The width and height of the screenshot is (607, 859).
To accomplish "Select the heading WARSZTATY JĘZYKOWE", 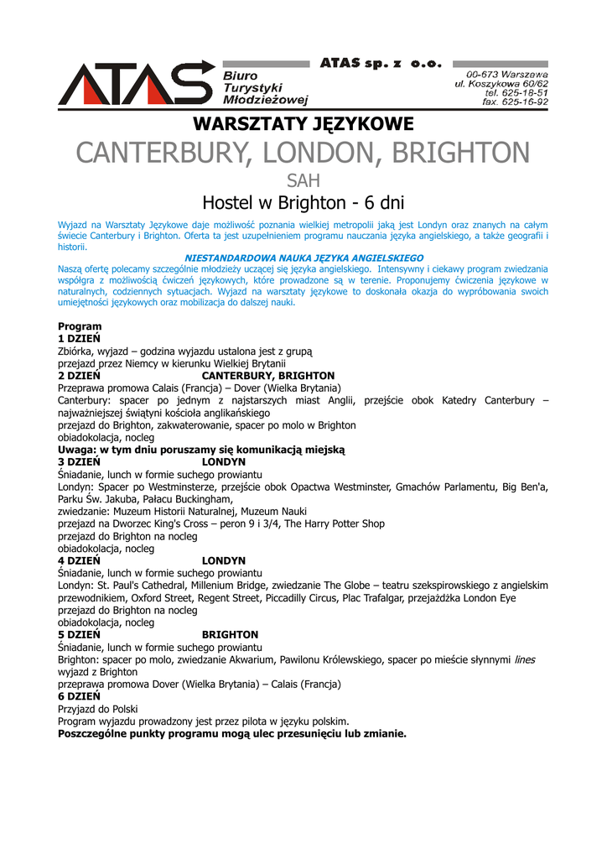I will click(x=303, y=125).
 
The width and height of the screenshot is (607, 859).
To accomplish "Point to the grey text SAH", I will click(x=303, y=180).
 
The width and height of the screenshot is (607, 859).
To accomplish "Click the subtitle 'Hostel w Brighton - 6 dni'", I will click(x=303, y=203).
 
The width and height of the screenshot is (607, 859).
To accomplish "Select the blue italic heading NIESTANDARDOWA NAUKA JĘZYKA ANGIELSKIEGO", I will click(x=303, y=258).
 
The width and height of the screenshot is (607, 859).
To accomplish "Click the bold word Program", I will click(x=80, y=326).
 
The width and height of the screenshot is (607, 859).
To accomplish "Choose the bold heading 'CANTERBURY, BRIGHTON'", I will click(x=268, y=376).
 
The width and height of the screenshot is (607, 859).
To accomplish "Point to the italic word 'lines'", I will click(x=524, y=659).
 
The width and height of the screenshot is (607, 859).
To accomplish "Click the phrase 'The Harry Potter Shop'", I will click(x=335, y=523).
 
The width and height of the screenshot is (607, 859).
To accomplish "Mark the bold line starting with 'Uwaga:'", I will click(x=201, y=450).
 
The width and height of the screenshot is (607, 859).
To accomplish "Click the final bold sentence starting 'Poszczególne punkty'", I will click(x=231, y=733).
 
